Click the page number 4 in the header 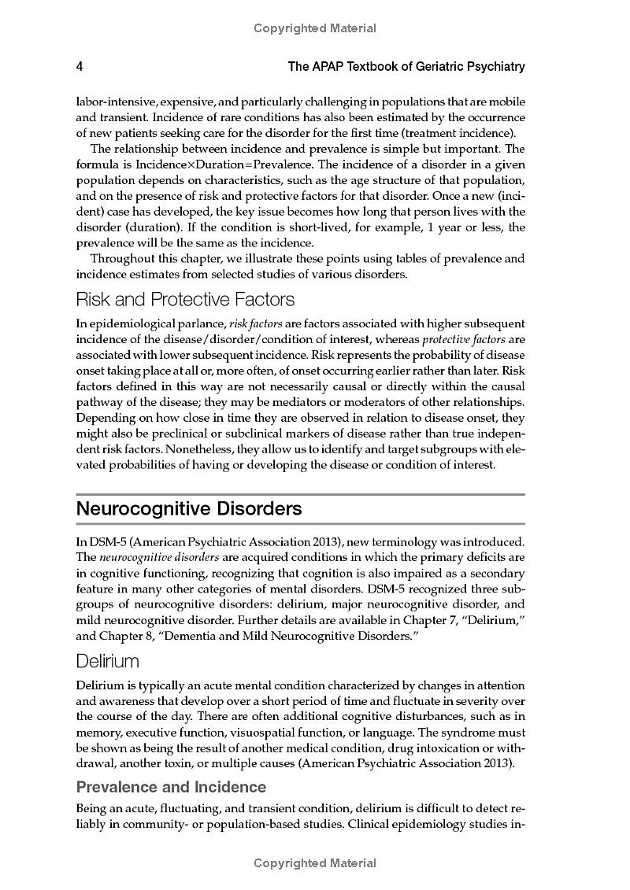pyautogui.click(x=80, y=67)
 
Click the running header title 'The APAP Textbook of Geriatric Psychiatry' pyautogui.click(x=406, y=67)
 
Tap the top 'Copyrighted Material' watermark pyautogui.click(x=315, y=28)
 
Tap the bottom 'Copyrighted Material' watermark pyautogui.click(x=315, y=863)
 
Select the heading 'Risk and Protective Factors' pyautogui.click(x=185, y=299)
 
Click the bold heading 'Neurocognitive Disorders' pyautogui.click(x=189, y=508)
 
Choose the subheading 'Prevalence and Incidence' pyautogui.click(x=171, y=787)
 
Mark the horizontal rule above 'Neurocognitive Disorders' pyautogui.click(x=300, y=494)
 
